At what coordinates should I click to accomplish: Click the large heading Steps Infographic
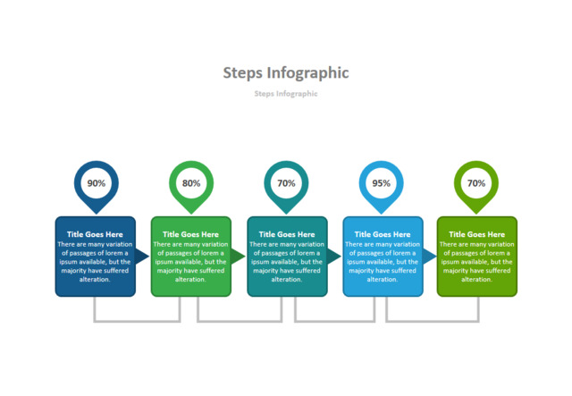(x=285, y=72)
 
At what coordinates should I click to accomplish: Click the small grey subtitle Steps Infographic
(x=285, y=93)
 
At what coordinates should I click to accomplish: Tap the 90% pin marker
(x=96, y=183)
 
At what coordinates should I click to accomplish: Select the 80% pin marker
(x=191, y=183)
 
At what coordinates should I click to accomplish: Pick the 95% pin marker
(x=382, y=183)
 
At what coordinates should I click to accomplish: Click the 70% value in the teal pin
(x=286, y=183)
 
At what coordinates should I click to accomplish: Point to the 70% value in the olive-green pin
(x=476, y=183)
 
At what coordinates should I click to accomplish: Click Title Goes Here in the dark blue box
(x=96, y=234)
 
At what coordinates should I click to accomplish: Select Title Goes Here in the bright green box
(x=191, y=234)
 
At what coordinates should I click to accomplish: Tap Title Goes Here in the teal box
(x=287, y=234)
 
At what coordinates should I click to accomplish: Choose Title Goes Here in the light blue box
(x=383, y=234)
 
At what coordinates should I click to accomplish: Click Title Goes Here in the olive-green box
(x=476, y=234)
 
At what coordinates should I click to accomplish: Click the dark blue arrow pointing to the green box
(x=142, y=257)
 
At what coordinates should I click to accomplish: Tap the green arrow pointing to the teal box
(x=238, y=257)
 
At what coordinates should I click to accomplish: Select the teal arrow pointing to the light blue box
(x=333, y=257)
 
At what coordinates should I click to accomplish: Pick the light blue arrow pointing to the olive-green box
(x=429, y=257)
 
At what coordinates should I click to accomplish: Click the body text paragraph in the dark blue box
(x=96, y=261)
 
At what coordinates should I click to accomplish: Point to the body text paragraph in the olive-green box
(x=476, y=261)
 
